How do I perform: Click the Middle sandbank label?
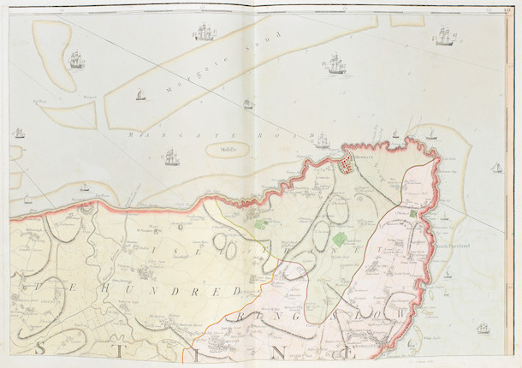(226, 148)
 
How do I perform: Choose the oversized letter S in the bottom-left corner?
(40, 348)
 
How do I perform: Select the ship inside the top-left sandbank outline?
(76, 60)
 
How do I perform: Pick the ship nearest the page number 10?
(444, 36)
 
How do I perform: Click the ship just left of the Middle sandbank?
(171, 157)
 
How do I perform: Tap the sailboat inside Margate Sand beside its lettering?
(140, 94)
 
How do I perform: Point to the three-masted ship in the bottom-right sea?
(483, 328)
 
